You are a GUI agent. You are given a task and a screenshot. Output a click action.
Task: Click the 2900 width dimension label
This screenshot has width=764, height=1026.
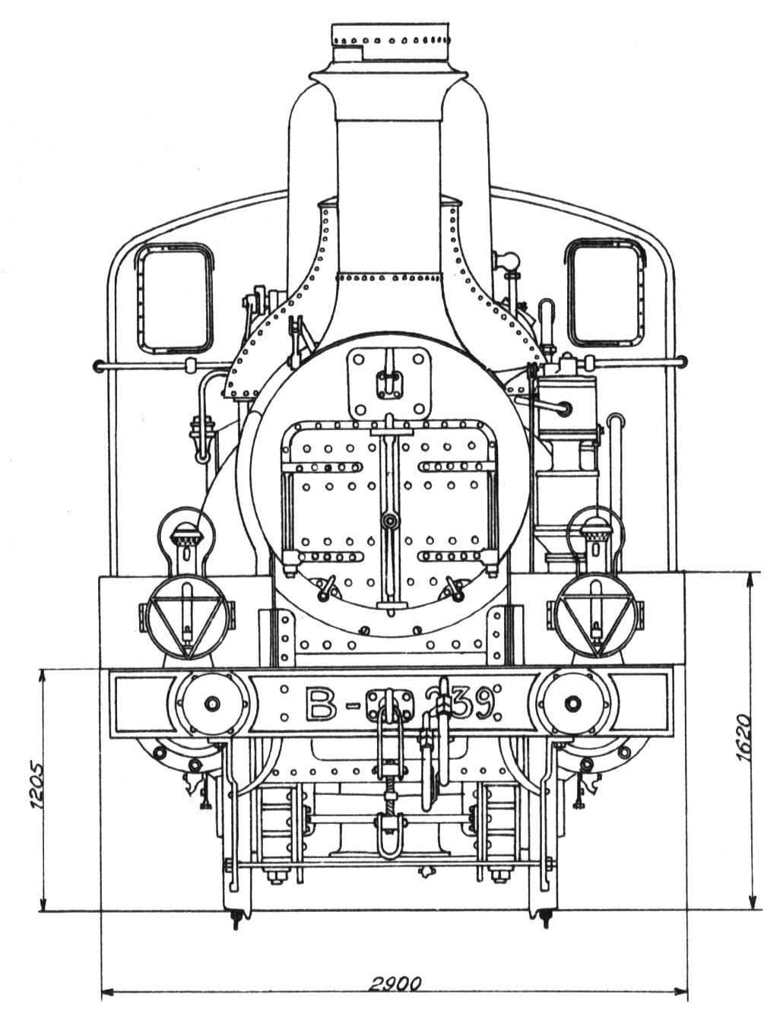(395, 983)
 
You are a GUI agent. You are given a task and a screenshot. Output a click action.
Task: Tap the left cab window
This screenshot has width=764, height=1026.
(174, 298)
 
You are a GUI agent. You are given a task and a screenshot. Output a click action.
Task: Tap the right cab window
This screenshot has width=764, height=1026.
(605, 293)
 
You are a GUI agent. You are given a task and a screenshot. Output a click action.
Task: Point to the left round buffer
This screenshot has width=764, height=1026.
(211, 703)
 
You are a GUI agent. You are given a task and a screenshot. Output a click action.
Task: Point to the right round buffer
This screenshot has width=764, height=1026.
(573, 703)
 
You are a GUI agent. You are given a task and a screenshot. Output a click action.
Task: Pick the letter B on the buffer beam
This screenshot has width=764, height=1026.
(321, 704)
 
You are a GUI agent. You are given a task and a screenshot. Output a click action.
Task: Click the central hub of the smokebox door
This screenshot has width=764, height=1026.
(390, 521)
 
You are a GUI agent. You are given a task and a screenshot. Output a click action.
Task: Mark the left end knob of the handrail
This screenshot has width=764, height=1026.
(97, 366)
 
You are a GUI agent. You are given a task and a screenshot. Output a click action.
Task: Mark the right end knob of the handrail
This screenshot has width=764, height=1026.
(682, 362)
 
